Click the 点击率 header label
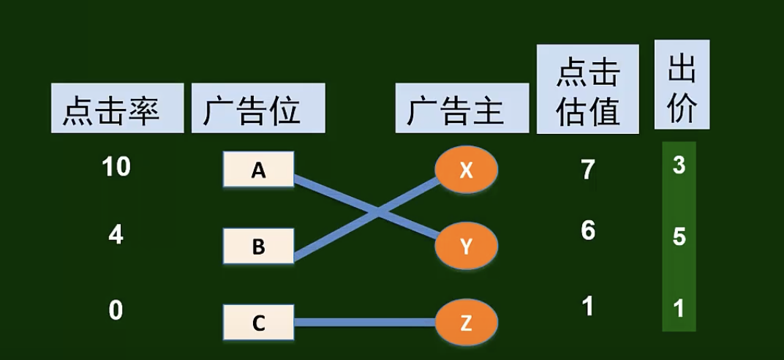point(117,108)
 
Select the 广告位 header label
point(258,108)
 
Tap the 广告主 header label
point(461,108)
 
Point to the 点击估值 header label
point(587,89)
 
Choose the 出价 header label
point(682,84)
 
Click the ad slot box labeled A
point(258,170)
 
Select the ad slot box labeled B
point(258,246)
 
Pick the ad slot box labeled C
point(258,323)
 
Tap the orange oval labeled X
point(467,170)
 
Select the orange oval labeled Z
point(467,323)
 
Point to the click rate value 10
point(116,168)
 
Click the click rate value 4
point(116,236)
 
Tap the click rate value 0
point(116,311)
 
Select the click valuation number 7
point(587,170)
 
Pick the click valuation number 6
point(587,231)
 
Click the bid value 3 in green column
point(679,166)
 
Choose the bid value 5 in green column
point(679,238)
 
